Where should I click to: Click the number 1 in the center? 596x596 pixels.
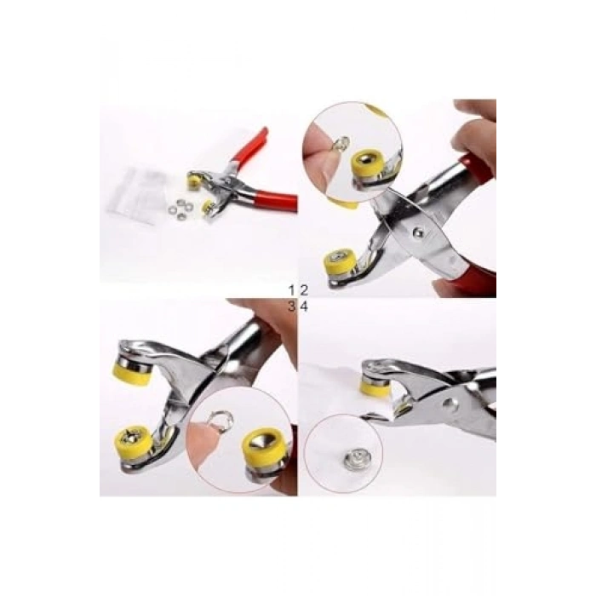coord(291,291)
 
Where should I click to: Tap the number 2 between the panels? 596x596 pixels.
coord(304,291)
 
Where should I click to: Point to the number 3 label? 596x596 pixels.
coord(291,307)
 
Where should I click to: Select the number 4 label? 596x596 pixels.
coord(304,307)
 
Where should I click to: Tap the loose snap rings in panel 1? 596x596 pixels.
coord(181,209)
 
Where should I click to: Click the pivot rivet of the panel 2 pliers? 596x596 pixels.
coord(418,231)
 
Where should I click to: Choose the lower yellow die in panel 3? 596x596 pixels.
coord(134,441)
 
